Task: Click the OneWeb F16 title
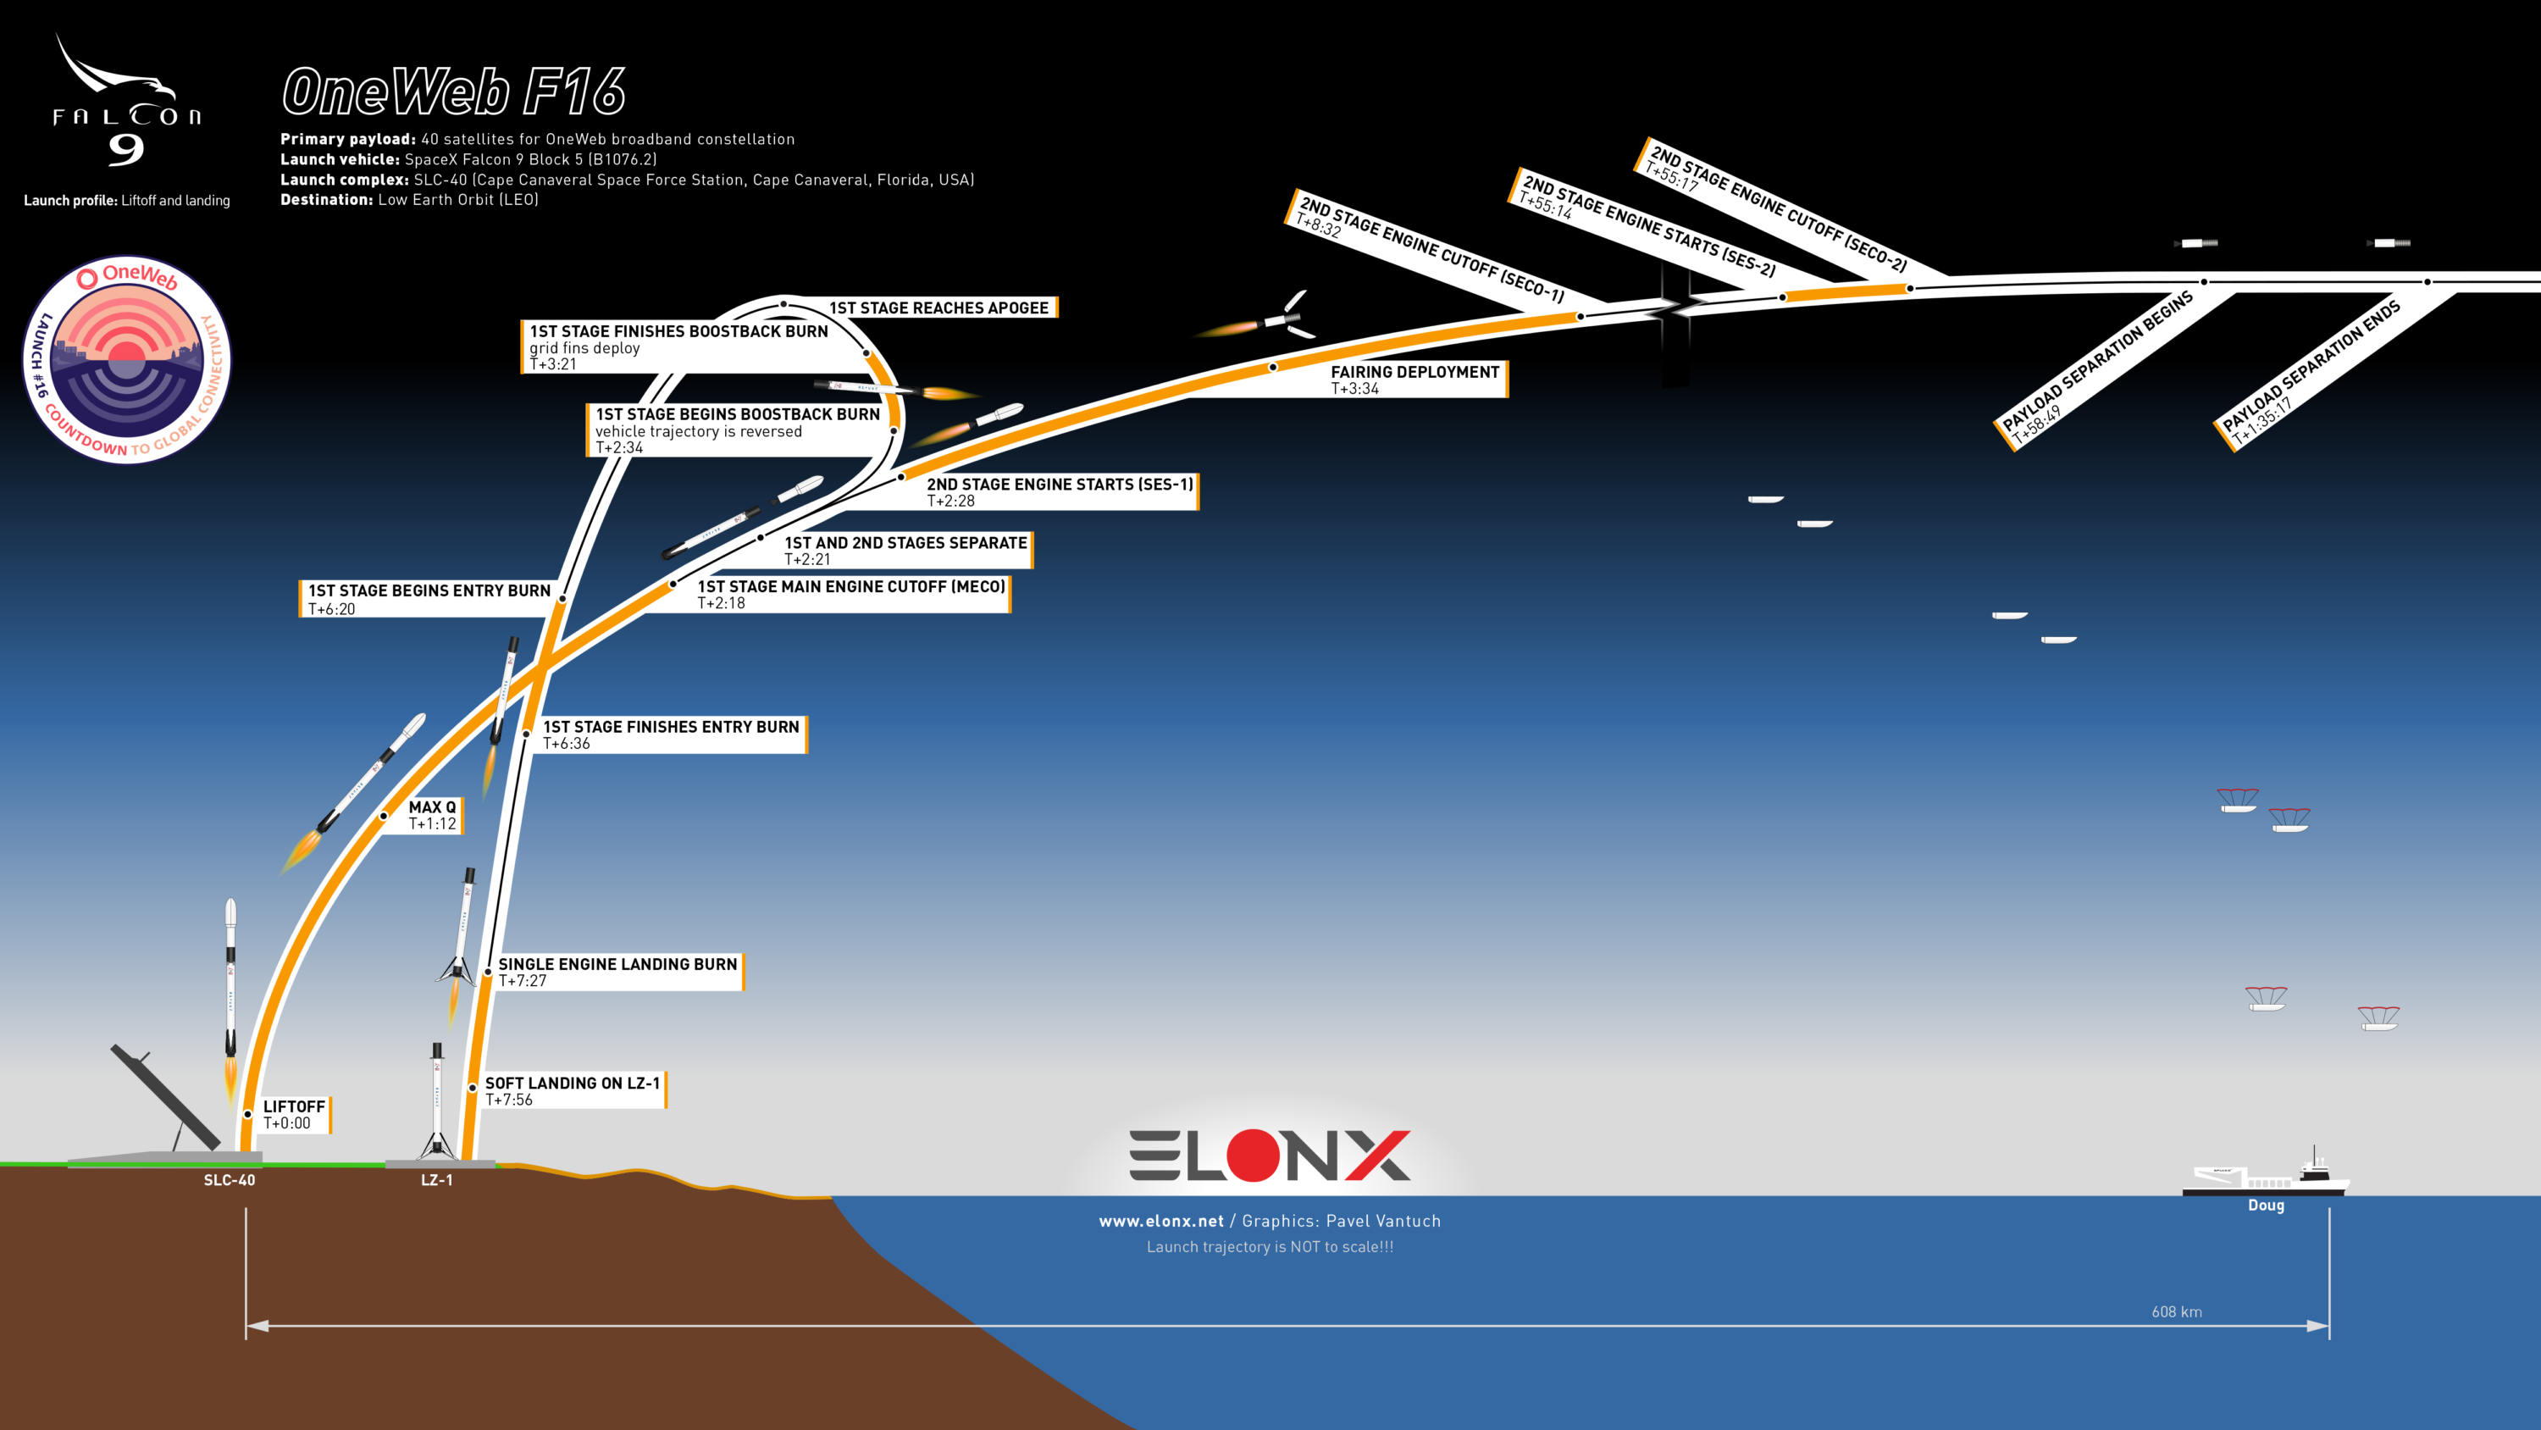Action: coord(454,91)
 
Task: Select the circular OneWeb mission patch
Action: coord(126,359)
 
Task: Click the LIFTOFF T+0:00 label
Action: coord(294,1115)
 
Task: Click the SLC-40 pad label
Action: coord(229,1180)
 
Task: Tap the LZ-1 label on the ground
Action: coord(437,1180)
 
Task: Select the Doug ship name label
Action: coord(2266,1205)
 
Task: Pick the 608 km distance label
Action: coord(2176,1311)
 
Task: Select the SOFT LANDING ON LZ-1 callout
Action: coord(572,1090)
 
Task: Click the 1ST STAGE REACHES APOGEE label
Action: coord(938,308)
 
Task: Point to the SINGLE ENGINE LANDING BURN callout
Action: coord(617,972)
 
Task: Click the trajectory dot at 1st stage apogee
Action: coord(783,304)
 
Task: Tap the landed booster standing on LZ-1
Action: coord(437,1100)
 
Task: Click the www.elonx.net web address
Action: coord(1161,1221)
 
